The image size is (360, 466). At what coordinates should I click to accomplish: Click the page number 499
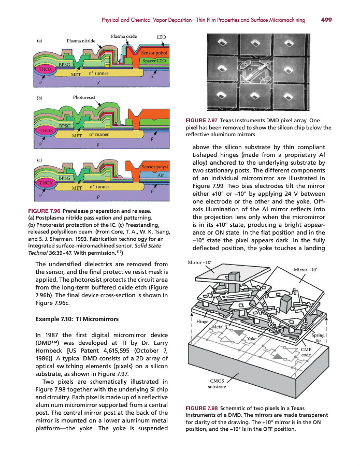[x=326, y=20]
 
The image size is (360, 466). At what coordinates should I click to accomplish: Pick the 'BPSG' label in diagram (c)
[x=64, y=178]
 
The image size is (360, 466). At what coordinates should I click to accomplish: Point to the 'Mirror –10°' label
[x=199, y=263]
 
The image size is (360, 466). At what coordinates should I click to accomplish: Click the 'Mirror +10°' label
[x=306, y=270]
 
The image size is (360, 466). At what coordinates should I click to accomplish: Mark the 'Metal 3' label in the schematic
[x=220, y=327]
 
